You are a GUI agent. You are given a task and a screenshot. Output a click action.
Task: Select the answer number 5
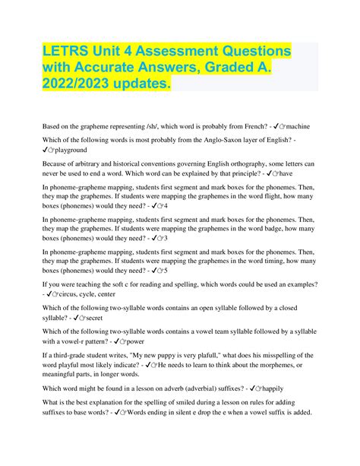pyautogui.click(x=166, y=270)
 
